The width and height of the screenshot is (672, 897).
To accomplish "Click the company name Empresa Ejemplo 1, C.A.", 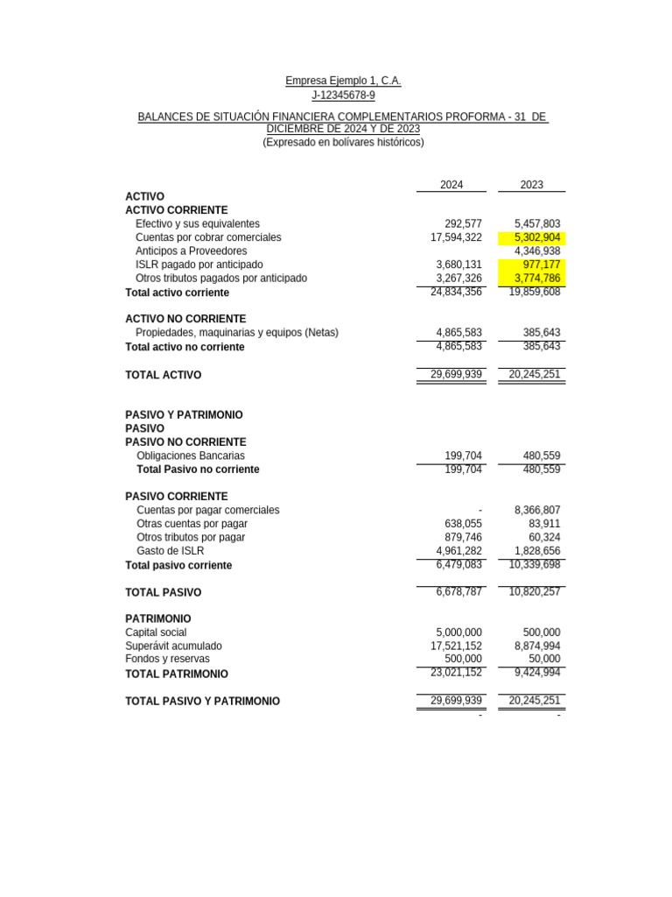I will tap(343, 81).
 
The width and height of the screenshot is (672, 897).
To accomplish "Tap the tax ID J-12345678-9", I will tap(343, 95).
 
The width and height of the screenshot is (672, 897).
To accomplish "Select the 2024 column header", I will tap(451, 185).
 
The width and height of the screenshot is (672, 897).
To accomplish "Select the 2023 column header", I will tap(531, 185).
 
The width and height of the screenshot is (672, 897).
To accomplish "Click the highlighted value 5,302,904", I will tap(537, 237).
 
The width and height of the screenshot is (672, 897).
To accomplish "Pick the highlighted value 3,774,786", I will tap(537, 279).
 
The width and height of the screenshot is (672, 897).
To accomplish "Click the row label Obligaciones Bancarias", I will tap(191, 456).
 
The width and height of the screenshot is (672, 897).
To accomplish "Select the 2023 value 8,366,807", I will tap(537, 510).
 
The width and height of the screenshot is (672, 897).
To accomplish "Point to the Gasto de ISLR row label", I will tap(170, 551).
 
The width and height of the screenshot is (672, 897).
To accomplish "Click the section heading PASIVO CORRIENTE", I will tap(177, 497).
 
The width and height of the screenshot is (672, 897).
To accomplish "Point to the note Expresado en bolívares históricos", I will tap(343, 142).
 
